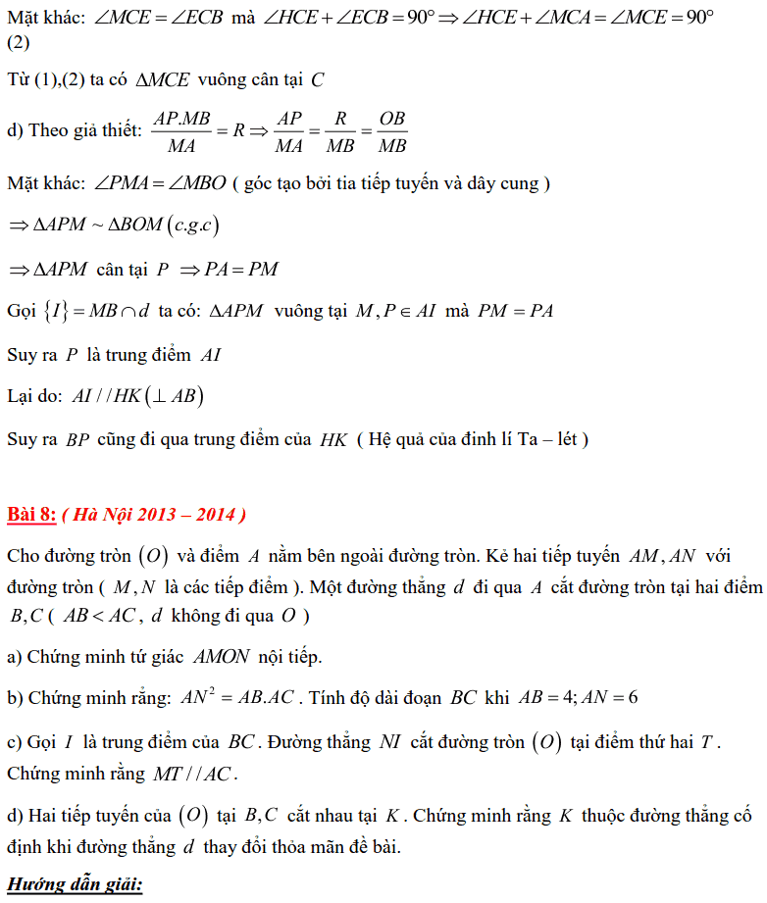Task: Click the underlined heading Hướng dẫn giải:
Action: (75, 885)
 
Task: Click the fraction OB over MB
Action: (392, 131)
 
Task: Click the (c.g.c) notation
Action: (192, 226)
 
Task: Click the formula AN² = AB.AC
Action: (238, 698)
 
